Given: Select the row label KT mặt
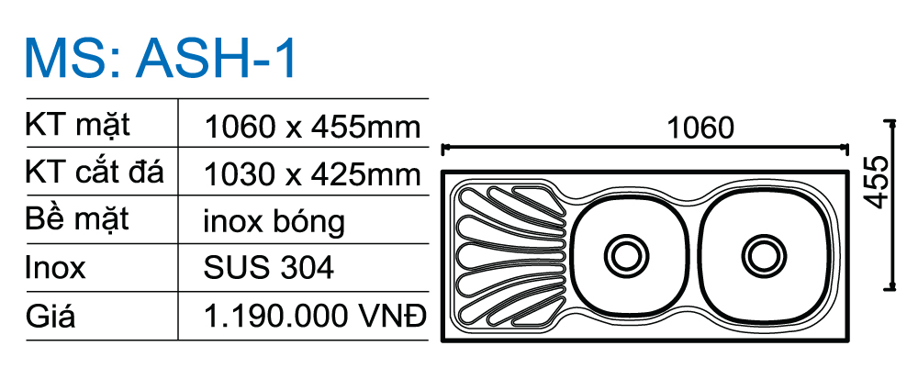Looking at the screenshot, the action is (x=77, y=126).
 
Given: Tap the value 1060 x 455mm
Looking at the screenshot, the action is (x=312, y=127).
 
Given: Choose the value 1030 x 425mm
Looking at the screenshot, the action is (x=312, y=174).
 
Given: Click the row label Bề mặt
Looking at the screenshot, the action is (x=77, y=220).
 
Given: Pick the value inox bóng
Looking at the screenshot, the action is (x=274, y=222).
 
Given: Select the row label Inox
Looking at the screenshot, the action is (x=55, y=267).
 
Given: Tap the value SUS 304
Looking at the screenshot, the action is (x=269, y=267).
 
